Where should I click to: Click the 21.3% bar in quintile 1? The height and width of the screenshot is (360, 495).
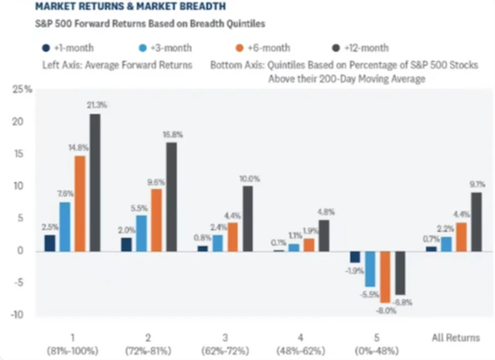pos(94,182)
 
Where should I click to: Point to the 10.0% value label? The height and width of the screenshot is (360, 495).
pos(247,179)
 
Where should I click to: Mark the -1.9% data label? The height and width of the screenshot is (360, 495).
pos(354,271)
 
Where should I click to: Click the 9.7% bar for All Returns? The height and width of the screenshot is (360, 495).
pos(476,221)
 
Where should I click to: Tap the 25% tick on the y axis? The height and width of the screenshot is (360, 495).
pos(22,90)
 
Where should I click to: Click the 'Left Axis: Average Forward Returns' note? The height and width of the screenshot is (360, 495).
pos(117,65)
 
